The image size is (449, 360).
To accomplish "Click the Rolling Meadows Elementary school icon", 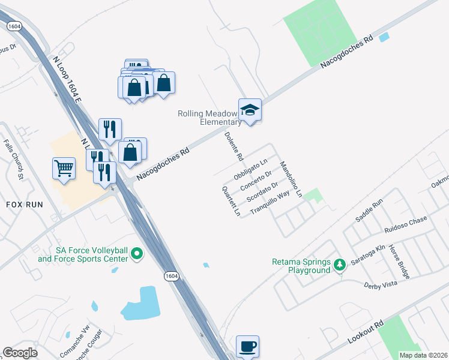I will [250, 110].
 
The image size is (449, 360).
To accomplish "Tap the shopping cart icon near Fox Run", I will [64, 167].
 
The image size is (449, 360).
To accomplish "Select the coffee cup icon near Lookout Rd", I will [247, 346].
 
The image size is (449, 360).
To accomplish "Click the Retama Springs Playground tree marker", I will [340, 265].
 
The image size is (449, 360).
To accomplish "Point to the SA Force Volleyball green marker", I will [137, 254].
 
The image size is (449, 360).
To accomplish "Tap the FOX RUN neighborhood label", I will [25, 205].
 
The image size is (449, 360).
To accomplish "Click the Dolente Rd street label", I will [234, 146].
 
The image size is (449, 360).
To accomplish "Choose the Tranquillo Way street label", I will [270, 202].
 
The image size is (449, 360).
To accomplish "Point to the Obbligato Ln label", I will [250, 171].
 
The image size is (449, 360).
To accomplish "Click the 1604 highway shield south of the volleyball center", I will [172, 275].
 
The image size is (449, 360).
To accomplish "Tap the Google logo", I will [20, 353].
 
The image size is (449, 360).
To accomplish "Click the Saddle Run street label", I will [369, 212].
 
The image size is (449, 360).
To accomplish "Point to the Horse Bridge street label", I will [399, 262].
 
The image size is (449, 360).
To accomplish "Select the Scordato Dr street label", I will [263, 191].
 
